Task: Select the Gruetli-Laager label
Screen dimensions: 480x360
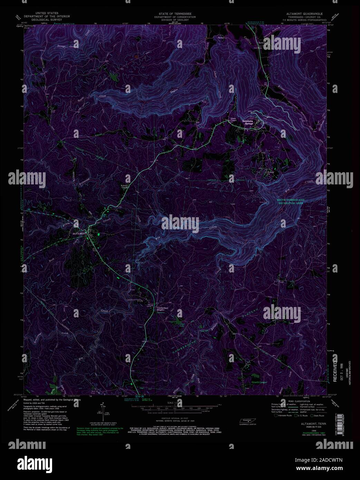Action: point(260,382)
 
